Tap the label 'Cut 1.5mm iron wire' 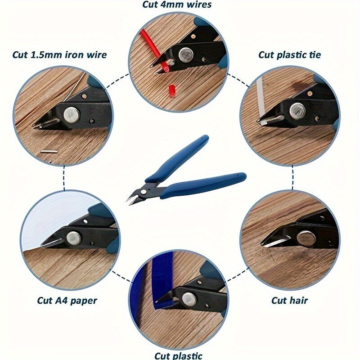point(59,55)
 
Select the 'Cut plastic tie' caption point(289,55)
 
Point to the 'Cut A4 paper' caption point(67,300)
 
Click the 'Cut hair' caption point(289,300)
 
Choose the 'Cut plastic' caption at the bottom point(179,355)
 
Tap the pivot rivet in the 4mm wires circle point(184,55)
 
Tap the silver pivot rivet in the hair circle point(307,237)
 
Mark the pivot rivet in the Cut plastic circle point(189,297)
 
